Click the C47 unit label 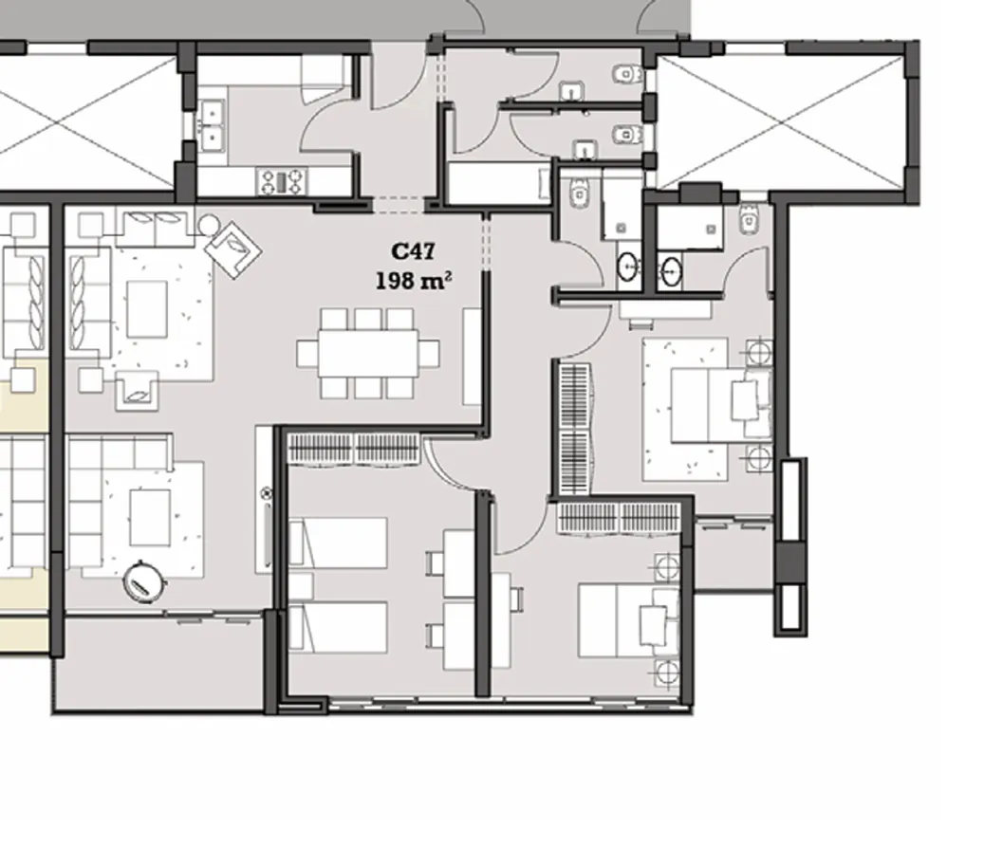tap(413, 251)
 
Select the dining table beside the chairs tap(368, 353)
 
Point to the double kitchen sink tap(212, 122)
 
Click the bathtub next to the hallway tap(498, 184)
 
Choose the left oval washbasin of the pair tap(628, 267)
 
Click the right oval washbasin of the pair tap(672, 270)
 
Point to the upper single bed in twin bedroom tap(339, 542)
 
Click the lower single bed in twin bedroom tap(339, 626)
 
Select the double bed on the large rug tap(714, 405)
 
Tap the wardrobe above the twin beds tap(354, 447)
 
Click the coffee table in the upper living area tap(147, 307)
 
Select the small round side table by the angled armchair tap(208, 225)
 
